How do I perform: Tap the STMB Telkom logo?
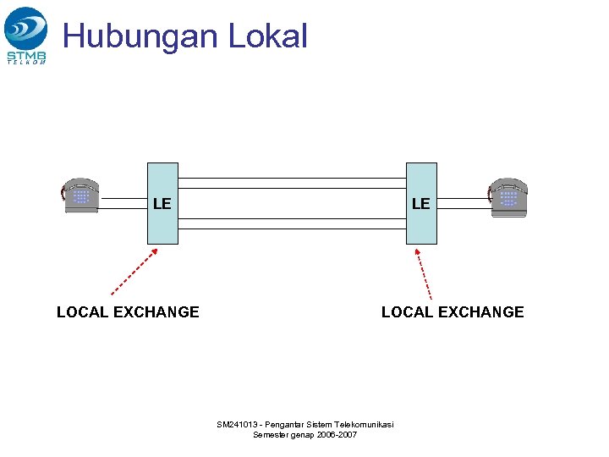[x=26, y=35]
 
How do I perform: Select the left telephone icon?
[x=81, y=195]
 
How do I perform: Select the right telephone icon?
[x=508, y=197]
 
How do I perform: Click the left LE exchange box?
[x=162, y=203]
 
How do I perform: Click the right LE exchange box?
[x=421, y=203]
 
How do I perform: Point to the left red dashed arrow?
[x=134, y=272]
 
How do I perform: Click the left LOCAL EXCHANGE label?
[x=128, y=312]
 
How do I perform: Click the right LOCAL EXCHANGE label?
[x=453, y=312]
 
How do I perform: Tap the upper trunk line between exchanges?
[x=292, y=183]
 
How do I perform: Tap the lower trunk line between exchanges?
[x=292, y=223]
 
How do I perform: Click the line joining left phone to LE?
[x=123, y=203]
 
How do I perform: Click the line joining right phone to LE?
[x=463, y=203]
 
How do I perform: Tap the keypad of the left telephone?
[x=80, y=196]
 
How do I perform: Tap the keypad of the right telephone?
[x=508, y=198]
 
